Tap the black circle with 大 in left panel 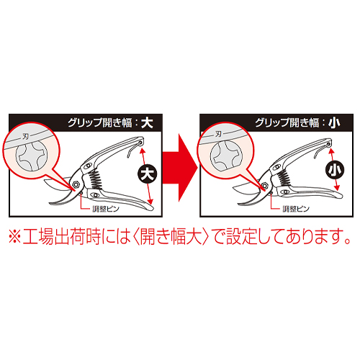coord(147,174)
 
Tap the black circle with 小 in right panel coord(335,170)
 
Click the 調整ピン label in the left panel coord(106,209)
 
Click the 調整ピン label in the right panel coord(296,209)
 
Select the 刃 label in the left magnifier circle coord(25,136)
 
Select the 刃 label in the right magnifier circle coord(218,134)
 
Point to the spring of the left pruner coord(96,179)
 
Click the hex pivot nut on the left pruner coord(76,184)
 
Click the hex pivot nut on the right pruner coord(265,185)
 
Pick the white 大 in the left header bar coord(147,123)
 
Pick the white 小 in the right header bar coord(334,123)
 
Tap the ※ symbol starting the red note coord(15,237)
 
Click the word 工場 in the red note coord(39,236)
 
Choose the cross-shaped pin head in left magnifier coord(32,156)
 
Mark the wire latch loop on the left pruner coord(133,149)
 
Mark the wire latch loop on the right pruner coord(322,150)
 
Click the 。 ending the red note coord(347,240)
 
